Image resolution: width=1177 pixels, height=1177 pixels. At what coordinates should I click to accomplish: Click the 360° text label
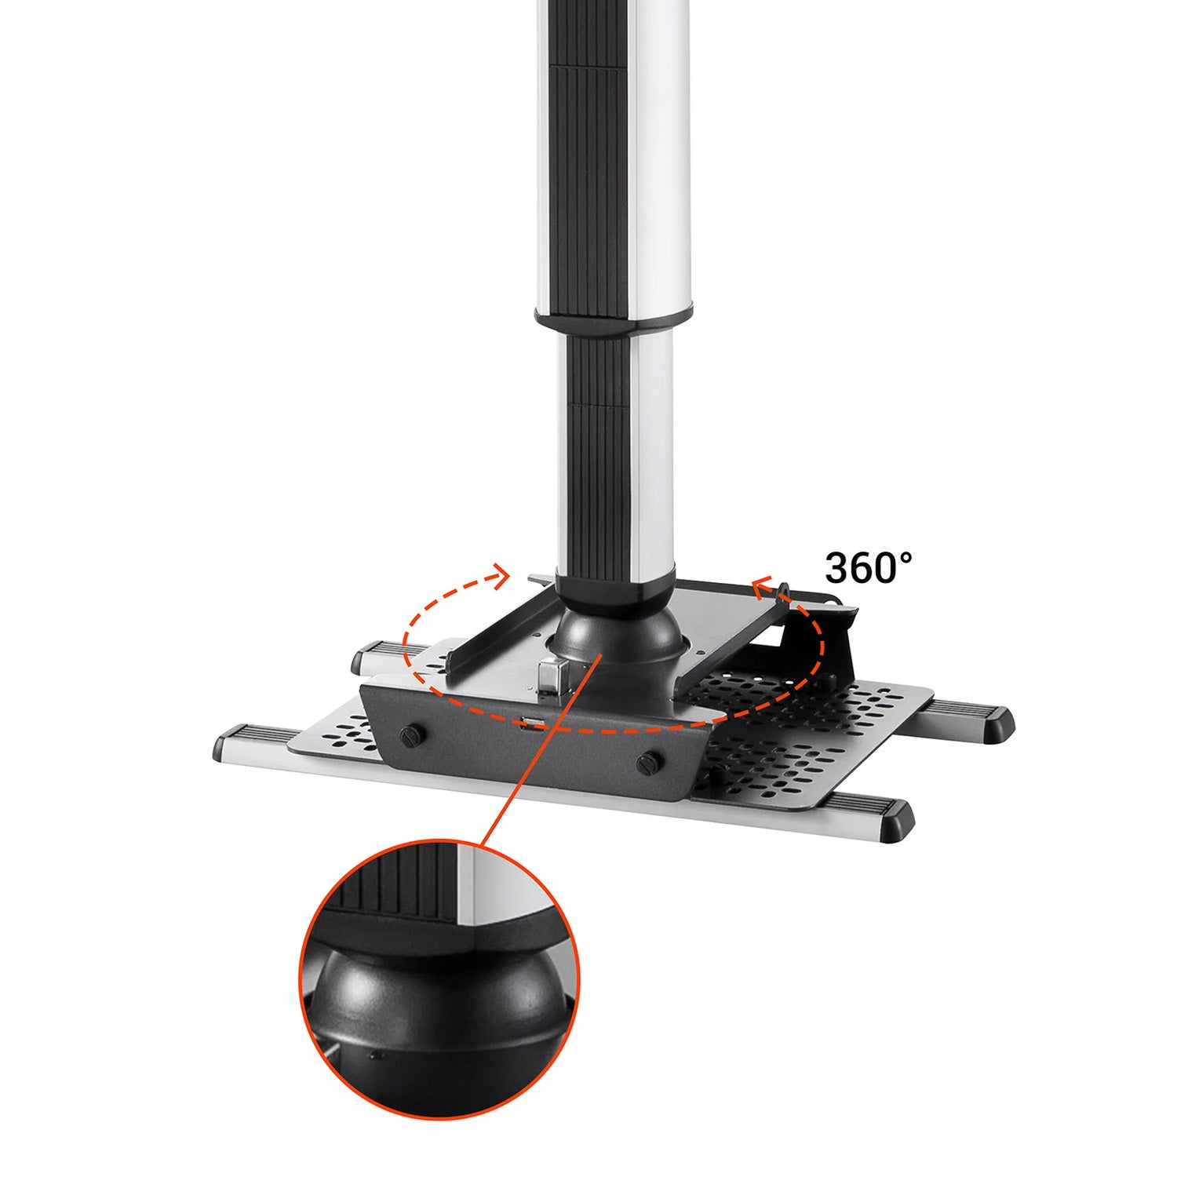pyautogui.click(x=869, y=567)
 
